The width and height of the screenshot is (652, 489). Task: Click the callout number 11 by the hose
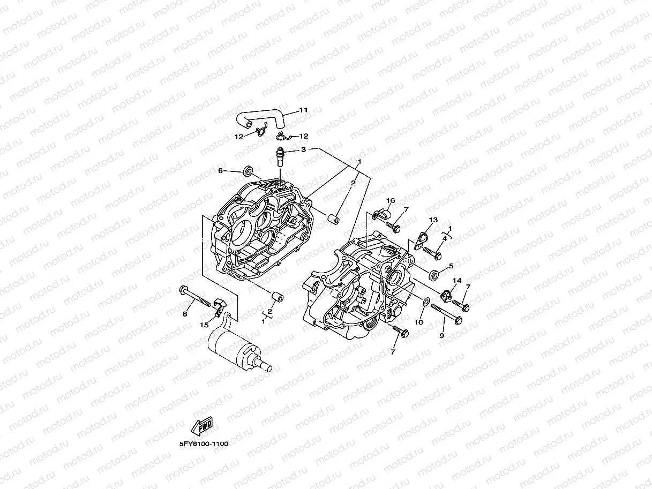[x=304, y=110]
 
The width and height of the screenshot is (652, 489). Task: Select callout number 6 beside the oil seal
[x=220, y=171]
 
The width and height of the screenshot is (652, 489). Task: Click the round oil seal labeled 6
[x=248, y=171]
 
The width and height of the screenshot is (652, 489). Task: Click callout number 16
[x=391, y=201]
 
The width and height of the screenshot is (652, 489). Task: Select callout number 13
[x=433, y=220]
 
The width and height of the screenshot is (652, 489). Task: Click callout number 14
[x=457, y=281]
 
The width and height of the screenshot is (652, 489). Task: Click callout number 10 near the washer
[x=419, y=322]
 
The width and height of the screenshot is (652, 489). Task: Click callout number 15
[x=205, y=325]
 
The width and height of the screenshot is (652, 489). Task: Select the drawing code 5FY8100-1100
[x=204, y=444]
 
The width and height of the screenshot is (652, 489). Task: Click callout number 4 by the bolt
[x=444, y=239]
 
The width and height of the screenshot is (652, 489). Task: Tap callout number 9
[x=442, y=335]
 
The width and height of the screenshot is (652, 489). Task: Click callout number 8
[x=185, y=314]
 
